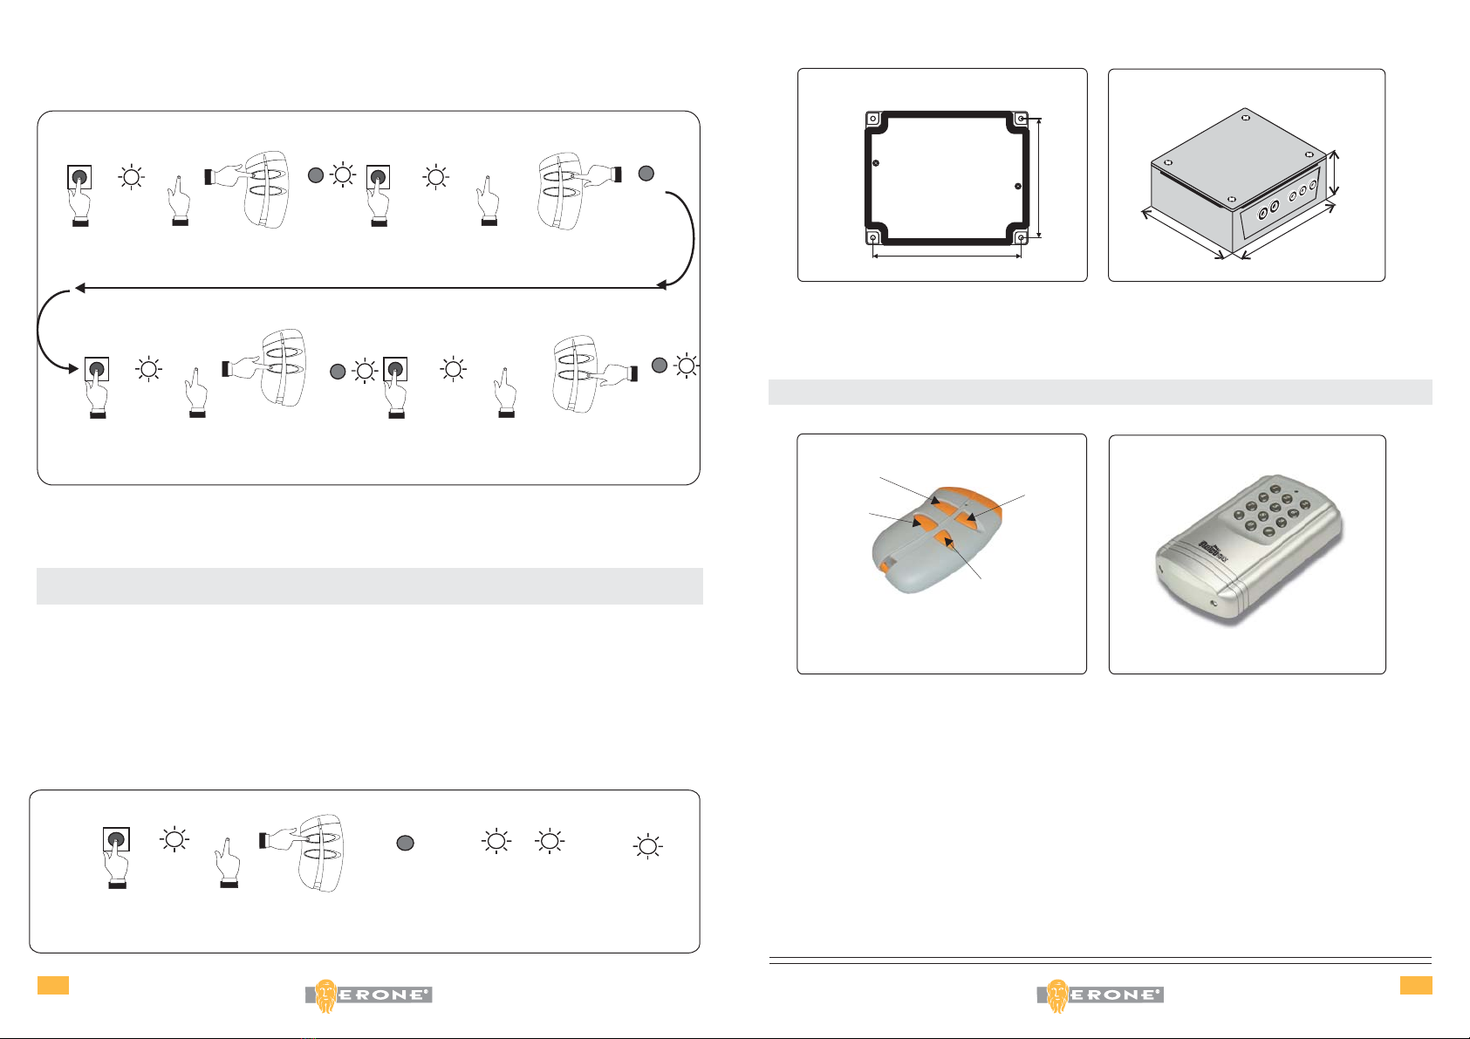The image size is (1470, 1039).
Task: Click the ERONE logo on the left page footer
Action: pyautogui.click(x=369, y=995)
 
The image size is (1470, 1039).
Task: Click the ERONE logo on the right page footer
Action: pyautogui.click(x=1100, y=995)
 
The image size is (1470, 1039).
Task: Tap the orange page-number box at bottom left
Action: pyautogui.click(x=53, y=985)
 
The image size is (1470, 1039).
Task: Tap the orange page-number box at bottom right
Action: pyautogui.click(x=1416, y=985)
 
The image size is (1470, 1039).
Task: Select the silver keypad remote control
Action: pyautogui.click(x=1248, y=548)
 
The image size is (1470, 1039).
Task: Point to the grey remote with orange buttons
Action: pyautogui.click(x=937, y=539)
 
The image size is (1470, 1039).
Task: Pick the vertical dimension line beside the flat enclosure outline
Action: pyautogui.click(x=1038, y=177)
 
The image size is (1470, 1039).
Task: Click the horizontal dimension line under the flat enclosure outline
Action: pyautogui.click(x=947, y=256)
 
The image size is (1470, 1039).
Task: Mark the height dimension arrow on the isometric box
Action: pyautogui.click(x=1334, y=174)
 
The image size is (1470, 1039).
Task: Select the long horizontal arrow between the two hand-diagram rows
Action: pyautogui.click(x=371, y=288)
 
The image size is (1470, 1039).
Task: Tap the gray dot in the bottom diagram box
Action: pyautogui.click(x=406, y=843)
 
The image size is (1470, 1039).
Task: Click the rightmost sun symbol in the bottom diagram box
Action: pyautogui.click(x=647, y=846)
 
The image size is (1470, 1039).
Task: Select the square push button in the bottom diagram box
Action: pyautogui.click(x=116, y=839)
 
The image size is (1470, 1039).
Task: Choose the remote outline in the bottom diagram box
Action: pyautogui.click(x=321, y=852)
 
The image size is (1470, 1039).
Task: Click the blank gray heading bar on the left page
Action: pyautogui.click(x=370, y=585)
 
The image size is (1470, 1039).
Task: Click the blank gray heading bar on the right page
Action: pyautogui.click(x=1100, y=392)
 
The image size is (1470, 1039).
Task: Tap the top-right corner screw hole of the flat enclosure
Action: pyautogui.click(x=1021, y=119)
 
